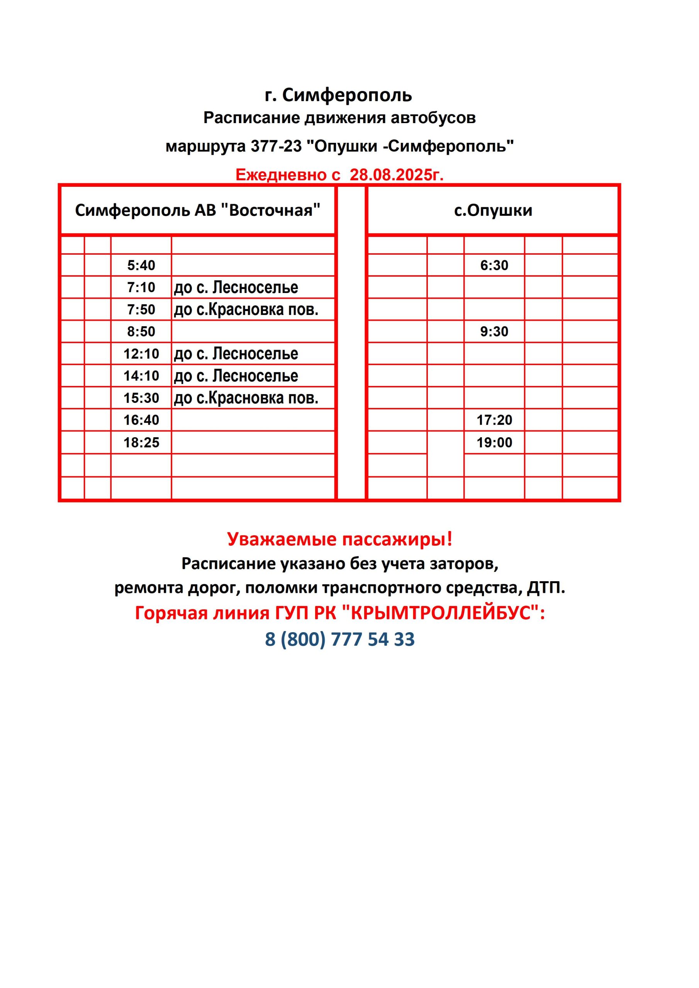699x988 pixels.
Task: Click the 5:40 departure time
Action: pyautogui.click(x=141, y=265)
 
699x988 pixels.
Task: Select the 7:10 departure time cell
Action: pyautogui.click(x=141, y=287)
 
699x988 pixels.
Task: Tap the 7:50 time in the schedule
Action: pyautogui.click(x=141, y=310)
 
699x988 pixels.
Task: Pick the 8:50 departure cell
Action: pyautogui.click(x=141, y=332)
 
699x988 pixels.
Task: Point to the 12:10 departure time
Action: pyautogui.click(x=141, y=354)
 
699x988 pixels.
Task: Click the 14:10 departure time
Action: pyautogui.click(x=141, y=376)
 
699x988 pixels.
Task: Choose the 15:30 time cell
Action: pyautogui.click(x=141, y=398)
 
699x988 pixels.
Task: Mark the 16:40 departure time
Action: pyautogui.click(x=141, y=420)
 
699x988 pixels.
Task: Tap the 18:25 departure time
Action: pyautogui.click(x=141, y=442)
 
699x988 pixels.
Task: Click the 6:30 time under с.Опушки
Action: pyautogui.click(x=494, y=265)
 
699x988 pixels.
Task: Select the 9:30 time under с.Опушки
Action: pyautogui.click(x=494, y=332)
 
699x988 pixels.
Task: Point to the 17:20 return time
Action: pyautogui.click(x=494, y=420)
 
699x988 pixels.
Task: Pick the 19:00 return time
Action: pyautogui.click(x=494, y=442)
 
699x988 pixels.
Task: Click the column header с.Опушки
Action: pyautogui.click(x=493, y=210)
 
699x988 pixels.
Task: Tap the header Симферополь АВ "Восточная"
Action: pyautogui.click(x=198, y=210)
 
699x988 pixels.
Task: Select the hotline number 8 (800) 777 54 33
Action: pyautogui.click(x=339, y=639)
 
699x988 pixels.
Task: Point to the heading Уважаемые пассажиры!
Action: pyautogui.click(x=339, y=539)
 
